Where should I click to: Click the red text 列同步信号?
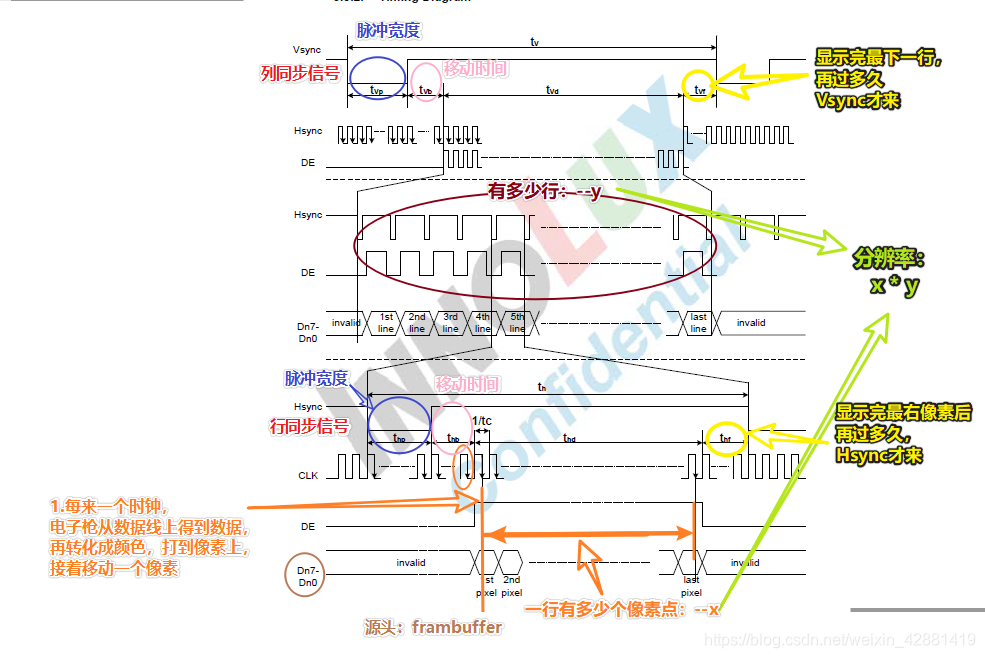[299, 73]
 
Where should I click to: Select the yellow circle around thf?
[725, 439]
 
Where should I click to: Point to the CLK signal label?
[307, 476]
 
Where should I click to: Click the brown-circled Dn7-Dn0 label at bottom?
[307, 575]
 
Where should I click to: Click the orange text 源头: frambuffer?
[433, 628]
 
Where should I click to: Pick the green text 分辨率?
[888, 259]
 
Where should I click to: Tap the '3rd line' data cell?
[450, 323]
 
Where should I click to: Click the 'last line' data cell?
[698, 323]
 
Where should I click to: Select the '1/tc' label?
[481, 420]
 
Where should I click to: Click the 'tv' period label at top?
[535, 42]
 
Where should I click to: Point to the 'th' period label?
[542, 386]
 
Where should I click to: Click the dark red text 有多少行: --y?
[545, 191]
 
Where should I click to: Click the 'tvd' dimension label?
[552, 90]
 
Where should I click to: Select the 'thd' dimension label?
[569, 438]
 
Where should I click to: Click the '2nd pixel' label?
[512, 586]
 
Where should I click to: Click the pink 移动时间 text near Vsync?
[475, 69]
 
